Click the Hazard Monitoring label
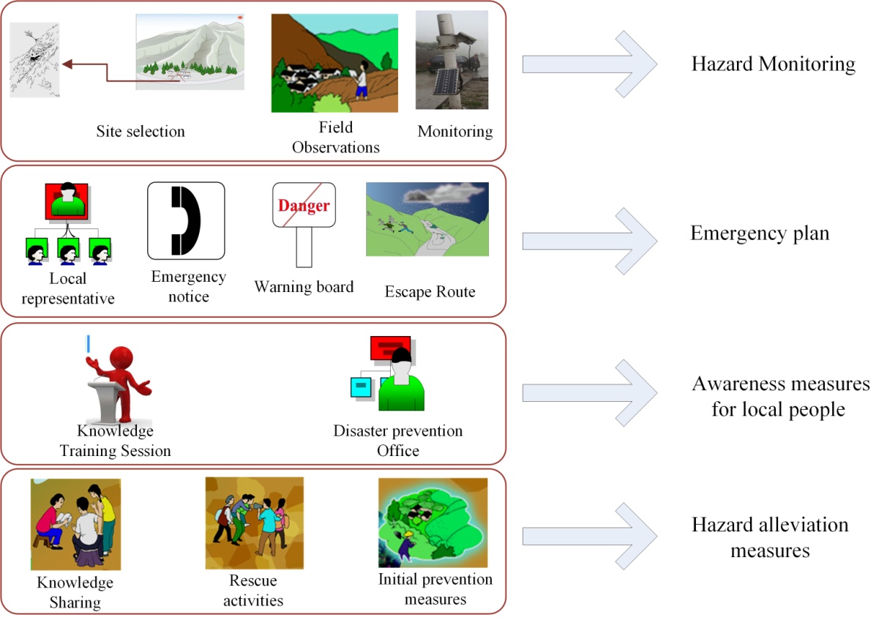773,64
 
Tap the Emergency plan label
760,234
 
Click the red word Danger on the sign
304,206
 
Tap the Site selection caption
141,132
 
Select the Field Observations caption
336,138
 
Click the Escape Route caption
430,291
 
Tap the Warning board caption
304,286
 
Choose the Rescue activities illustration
254,523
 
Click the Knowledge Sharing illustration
75,524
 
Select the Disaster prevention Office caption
398,440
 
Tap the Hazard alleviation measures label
770,537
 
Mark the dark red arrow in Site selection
110,69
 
